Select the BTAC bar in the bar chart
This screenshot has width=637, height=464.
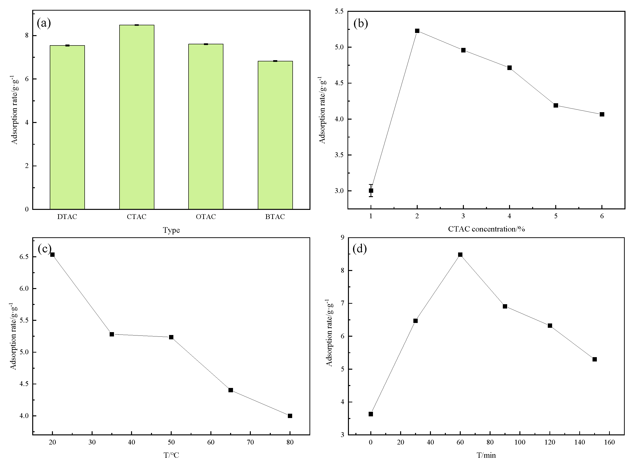275,135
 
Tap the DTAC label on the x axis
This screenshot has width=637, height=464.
67,217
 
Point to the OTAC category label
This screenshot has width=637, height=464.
206,217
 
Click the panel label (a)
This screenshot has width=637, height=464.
44,23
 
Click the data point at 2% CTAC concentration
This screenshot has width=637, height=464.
417,31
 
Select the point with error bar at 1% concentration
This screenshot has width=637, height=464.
371,191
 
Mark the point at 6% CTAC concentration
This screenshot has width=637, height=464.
602,114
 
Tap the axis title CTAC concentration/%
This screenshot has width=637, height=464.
486,229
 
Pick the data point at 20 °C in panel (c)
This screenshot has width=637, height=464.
52,255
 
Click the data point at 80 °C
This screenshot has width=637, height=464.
290,416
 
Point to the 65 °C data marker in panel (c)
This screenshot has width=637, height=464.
231,390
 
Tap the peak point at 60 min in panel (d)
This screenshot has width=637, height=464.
460,255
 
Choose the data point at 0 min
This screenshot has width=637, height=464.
371,414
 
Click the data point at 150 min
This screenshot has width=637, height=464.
594,359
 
